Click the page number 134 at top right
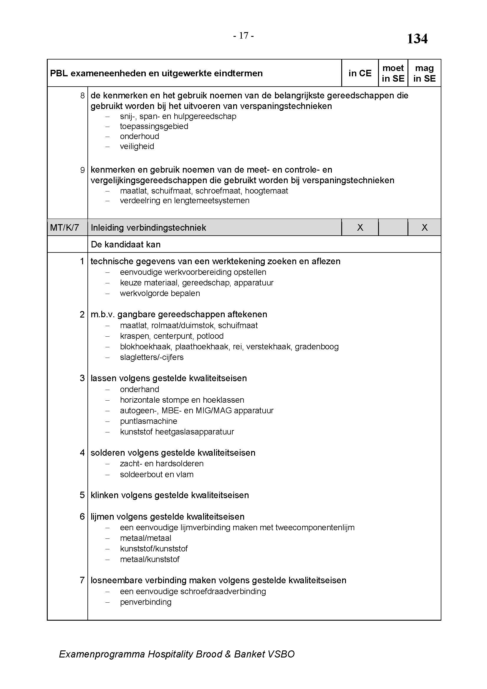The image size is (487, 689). click(417, 39)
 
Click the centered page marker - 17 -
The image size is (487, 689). click(243, 36)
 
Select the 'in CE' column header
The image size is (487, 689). click(360, 73)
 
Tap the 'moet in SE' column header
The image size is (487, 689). click(393, 73)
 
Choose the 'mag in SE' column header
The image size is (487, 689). click(424, 73)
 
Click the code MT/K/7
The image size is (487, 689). click(64, 227)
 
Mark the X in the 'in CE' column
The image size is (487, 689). click(360, 227)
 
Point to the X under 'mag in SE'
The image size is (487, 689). click(424, 227)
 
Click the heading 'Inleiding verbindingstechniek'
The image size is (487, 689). click(148, 228)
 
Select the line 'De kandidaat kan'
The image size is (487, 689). click(126, 244)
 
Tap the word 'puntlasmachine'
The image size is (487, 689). click(148, 421)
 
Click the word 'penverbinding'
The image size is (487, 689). click(146, 602)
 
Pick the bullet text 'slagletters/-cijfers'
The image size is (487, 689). click(152, 357)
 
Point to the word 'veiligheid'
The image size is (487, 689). click(137, 146)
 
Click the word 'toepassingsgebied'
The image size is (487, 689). click(154, 126)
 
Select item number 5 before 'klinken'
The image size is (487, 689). click(82, 495)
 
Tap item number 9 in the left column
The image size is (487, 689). click(82, 170)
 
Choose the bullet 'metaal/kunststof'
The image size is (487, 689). click(150, 559)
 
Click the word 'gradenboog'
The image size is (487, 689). click(317, 347)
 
